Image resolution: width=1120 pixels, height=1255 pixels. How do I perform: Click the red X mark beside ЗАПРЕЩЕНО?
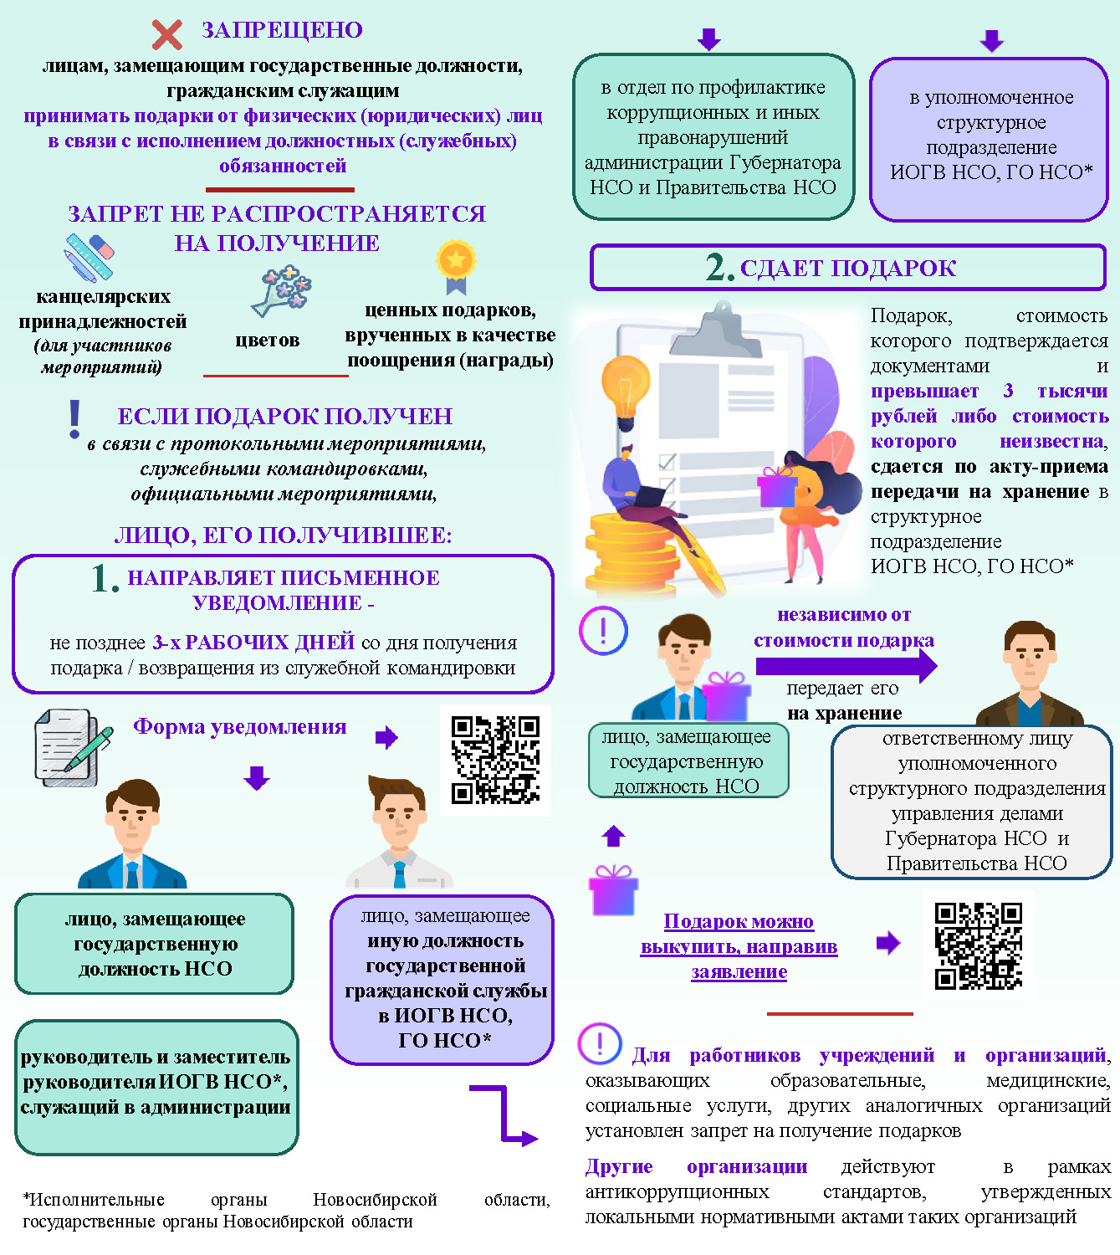(167, 34)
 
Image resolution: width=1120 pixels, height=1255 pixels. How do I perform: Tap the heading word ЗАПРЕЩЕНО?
(282, 30)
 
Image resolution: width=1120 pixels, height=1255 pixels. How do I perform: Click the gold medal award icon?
(456, 265)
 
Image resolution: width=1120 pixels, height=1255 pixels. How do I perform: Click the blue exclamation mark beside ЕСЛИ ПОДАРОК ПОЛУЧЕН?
(75, 419)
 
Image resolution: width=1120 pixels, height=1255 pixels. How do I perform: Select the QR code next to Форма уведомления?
(495, 760)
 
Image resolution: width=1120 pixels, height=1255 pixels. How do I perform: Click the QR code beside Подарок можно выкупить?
(979, 945)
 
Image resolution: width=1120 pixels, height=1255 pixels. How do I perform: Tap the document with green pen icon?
(71, 747)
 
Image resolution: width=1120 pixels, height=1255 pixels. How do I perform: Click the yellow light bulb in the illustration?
(626, 386)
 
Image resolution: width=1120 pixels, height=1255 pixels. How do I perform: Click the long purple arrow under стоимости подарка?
(846, 666)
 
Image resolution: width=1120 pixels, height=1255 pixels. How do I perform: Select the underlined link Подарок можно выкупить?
(739, 946)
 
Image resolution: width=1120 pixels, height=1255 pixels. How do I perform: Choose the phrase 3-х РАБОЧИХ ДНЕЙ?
(253, 643)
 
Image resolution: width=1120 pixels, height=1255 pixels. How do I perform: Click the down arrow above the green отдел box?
(709, 39)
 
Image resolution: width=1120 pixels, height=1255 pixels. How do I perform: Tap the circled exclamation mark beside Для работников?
(600, 1043)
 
